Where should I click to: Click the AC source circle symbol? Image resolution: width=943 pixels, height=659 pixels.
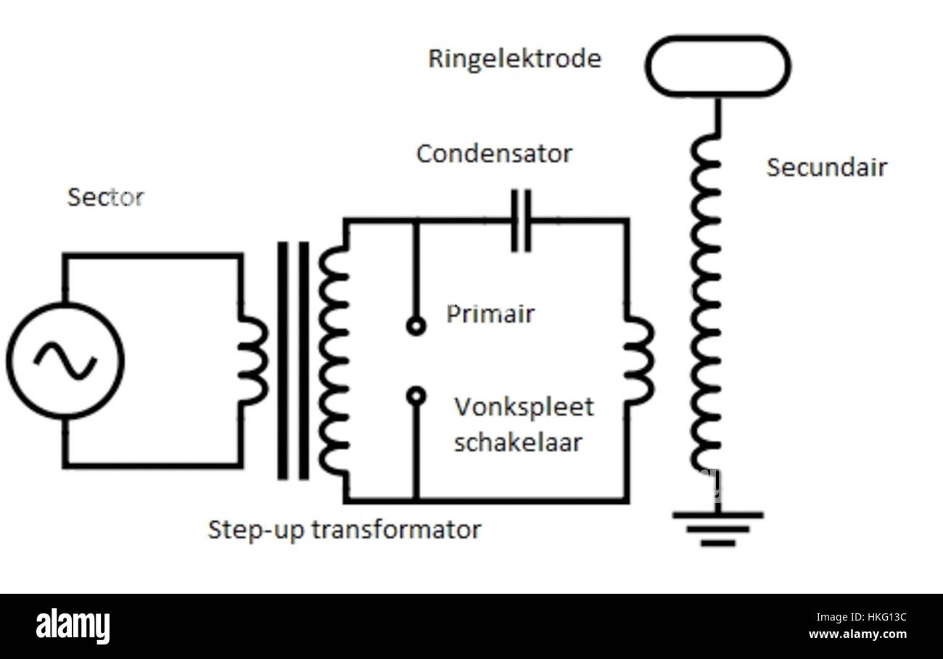[x=65, y=360]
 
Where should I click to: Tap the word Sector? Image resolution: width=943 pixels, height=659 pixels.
[x=105, y=197]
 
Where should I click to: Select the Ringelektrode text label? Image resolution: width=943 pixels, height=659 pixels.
[x=514, y=59]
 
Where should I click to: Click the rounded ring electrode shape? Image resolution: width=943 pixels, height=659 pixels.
[x=717, y=66]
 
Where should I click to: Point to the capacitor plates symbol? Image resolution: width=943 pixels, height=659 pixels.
[x=521, y=220]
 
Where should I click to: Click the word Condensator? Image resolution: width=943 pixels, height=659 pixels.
[x=494, y=154]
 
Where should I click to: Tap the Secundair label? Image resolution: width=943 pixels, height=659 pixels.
[x=826, y=167]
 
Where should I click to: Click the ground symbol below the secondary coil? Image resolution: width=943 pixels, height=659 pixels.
[x=717, y=529]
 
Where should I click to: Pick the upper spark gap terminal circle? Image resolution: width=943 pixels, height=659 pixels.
[x=416, y=326]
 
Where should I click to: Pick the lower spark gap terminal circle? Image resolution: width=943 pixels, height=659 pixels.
[x=416, y=395]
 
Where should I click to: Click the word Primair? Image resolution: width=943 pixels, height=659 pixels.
[x=490, y=314]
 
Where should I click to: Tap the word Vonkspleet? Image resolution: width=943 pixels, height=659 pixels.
[x=524, y=407]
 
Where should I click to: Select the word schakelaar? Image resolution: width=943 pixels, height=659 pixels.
[x=518, y=442]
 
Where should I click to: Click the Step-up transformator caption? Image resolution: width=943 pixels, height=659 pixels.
[x=344, y=529]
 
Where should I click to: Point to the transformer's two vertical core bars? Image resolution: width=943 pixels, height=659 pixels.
[x=293, y=360]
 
